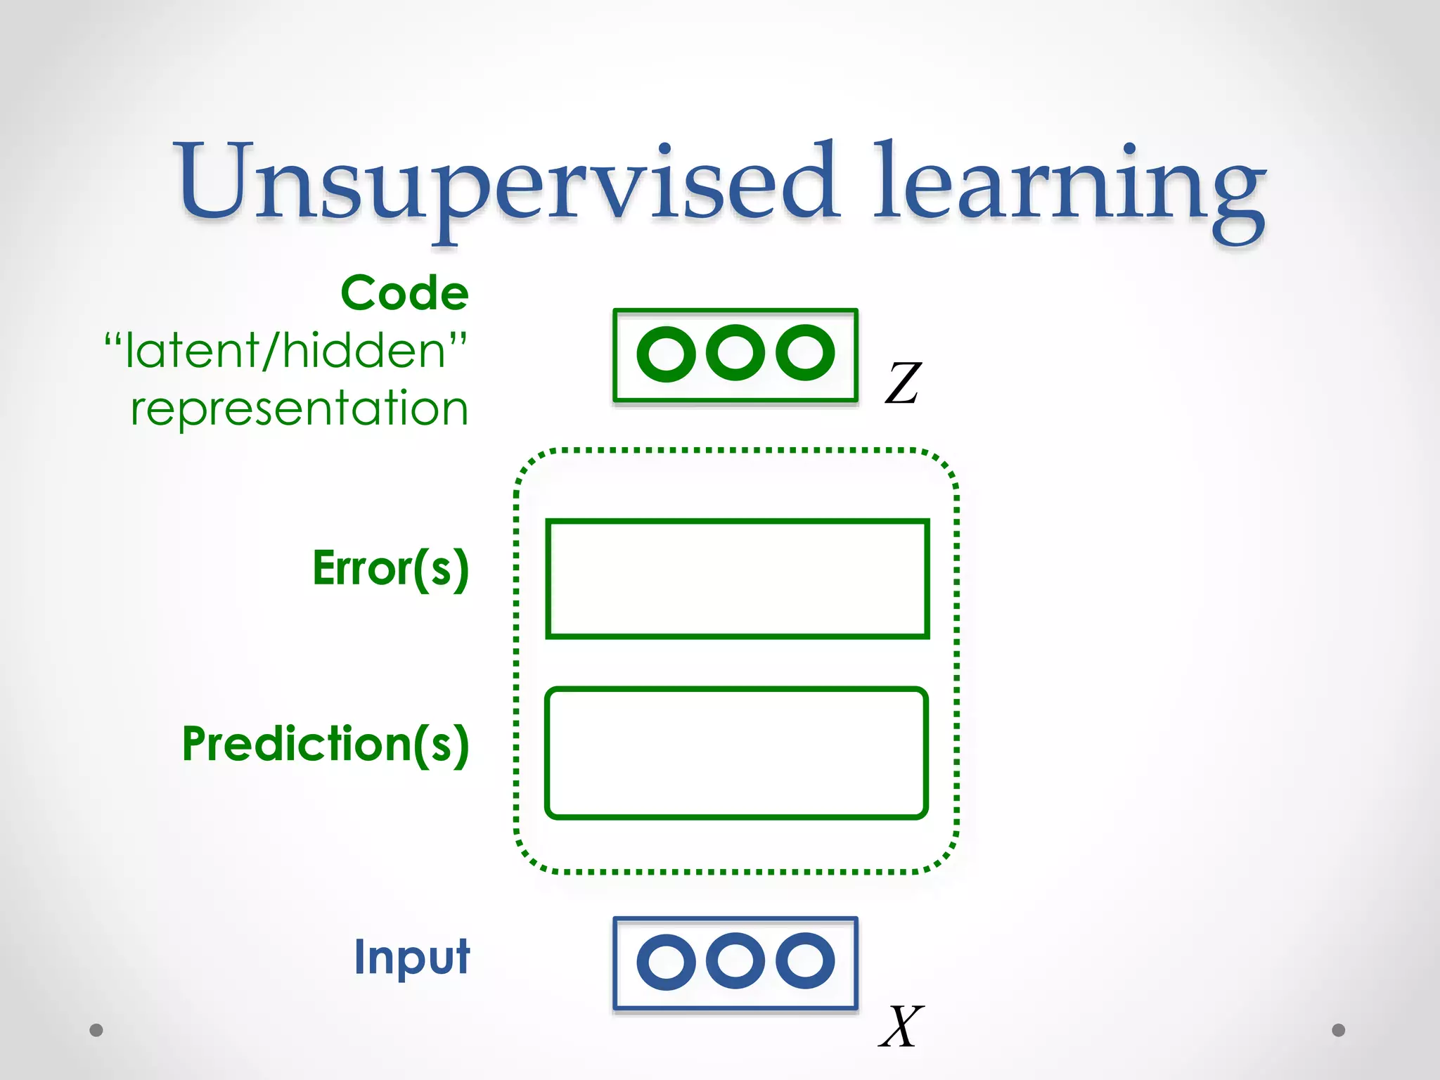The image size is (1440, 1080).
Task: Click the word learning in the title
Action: point(1069,184)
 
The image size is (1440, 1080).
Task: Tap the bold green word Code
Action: point(405,293)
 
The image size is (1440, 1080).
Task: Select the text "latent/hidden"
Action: point(285,350)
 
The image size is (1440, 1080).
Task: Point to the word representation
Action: point(300,409)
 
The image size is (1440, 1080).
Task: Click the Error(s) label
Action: point(391,568)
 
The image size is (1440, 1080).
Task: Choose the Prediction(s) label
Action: point(326,744)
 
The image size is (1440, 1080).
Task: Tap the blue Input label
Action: point(412,957)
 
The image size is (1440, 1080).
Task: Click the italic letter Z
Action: point(903,383)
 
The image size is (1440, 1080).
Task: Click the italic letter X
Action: point(901,1027)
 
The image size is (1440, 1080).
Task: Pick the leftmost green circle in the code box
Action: point(665,354)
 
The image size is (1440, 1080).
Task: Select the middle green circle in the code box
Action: point(735,352)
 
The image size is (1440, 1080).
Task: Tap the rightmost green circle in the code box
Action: point(805,352)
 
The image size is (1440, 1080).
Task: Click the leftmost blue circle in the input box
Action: point(665,962)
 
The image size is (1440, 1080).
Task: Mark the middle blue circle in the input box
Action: point(735,960)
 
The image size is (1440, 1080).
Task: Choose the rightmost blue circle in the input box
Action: point(805,960)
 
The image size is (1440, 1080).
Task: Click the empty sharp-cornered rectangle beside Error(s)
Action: point(737,579)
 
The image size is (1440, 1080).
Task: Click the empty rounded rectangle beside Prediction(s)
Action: point(736,753)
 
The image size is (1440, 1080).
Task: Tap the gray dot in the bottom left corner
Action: point(96,1030)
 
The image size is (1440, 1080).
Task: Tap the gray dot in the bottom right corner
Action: point(1339,1030)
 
